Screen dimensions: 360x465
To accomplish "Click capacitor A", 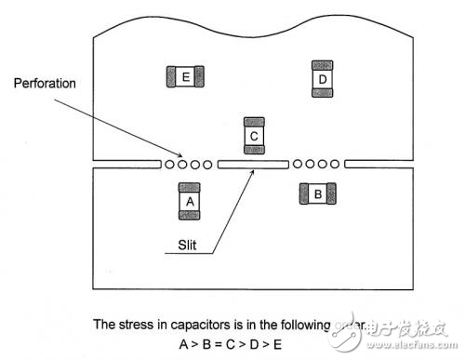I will tap(190, 201).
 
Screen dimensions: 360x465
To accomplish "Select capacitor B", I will tap(317, 193).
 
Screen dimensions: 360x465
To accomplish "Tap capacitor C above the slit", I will tap(255, 135).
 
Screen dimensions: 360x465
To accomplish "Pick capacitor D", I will tap(322, 79).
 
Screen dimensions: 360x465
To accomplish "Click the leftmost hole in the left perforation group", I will tap(170, 165).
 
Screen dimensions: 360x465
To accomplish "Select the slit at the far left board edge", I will tap(126, 165).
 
